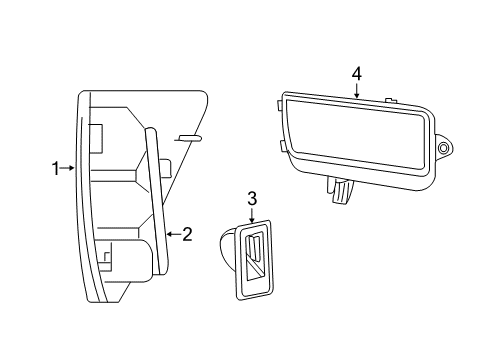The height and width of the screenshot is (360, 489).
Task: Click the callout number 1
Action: click(x=57, y=169)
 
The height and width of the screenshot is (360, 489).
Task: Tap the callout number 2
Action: click(x=187, y=234)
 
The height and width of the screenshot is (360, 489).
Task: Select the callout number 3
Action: click(x=252, y=198)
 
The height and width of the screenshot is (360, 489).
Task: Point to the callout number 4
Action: click(x=357, y=73)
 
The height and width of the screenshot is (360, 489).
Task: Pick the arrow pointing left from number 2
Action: click(x=173, y=234)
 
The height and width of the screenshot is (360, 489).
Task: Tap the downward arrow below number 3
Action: click(x=252, y=215)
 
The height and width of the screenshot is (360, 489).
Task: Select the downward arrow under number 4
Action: click(x=357, y=90)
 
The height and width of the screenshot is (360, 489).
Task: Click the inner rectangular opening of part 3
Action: click(x=252, y=257)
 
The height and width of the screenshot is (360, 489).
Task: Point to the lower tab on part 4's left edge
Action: click(x=285, y=147)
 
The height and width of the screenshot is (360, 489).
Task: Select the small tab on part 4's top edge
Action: click(x=391, y=101)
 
